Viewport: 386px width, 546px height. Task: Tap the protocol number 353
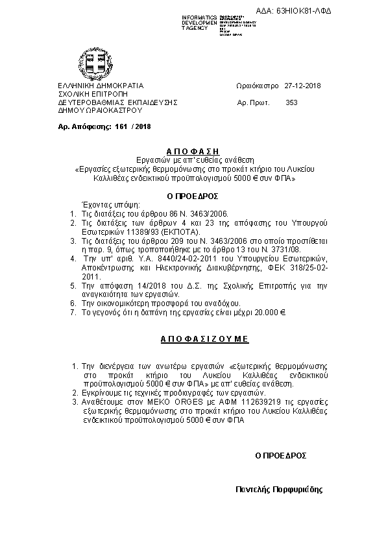tap(291, 102)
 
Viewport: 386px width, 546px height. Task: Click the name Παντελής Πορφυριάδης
tap(278, 490)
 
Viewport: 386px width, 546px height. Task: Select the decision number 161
tap(119, 126)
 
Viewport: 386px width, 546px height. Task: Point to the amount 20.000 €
tap(269, 312)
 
